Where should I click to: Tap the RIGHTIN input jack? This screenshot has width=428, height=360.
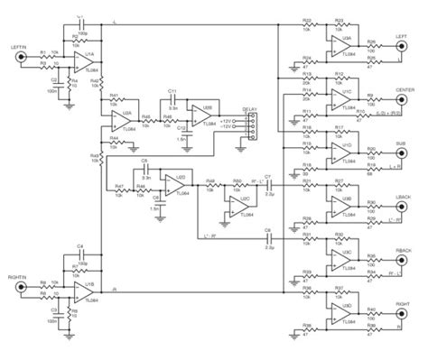coord(20,291)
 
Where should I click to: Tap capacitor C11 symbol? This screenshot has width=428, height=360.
coord(172,97)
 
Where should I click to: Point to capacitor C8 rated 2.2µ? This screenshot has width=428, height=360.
coord(268,238)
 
